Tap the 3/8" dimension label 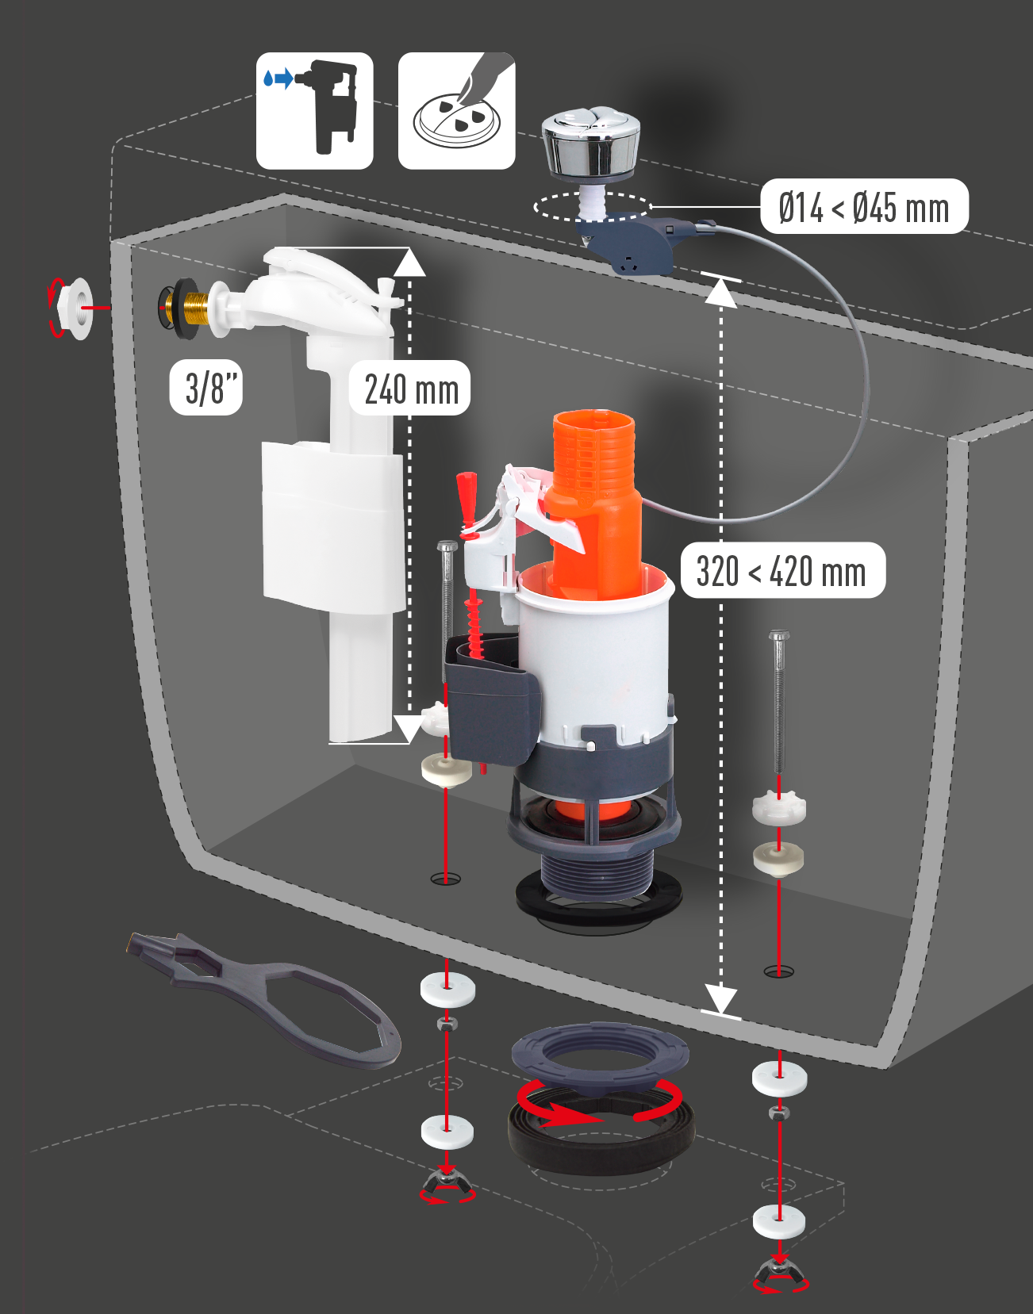[x=206, y=388]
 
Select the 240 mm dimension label [x=410, y=389]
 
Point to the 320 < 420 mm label [x=782, y=570]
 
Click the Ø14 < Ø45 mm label [x=864, y=206]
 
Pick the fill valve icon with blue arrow [x=314, y=111]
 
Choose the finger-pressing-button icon [x=457, y=111]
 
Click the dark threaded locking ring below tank [x=600, y=1055]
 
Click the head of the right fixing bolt [x=778, y=636]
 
